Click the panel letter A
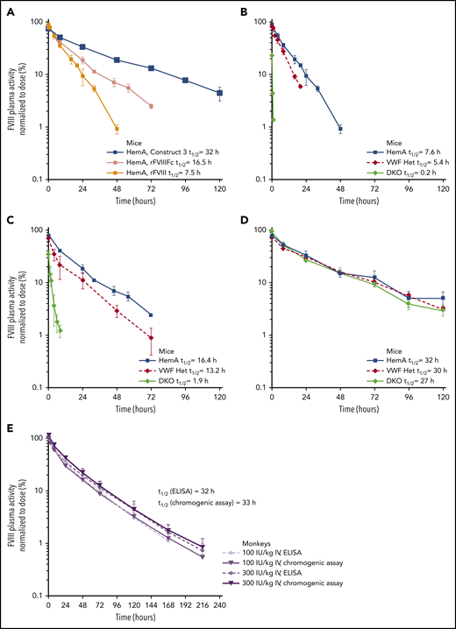7,8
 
